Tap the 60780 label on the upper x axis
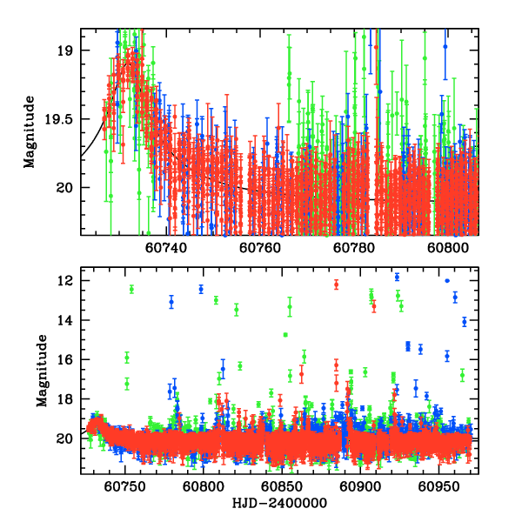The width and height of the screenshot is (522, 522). pyautogui.click(x=355, y=248)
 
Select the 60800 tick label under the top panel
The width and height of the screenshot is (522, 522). pyautogui.click(x=450, y=248)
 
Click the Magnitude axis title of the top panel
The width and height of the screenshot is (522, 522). pyautogui.click(x=30, y=132)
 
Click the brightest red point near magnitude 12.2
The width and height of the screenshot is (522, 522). pyautogui.click(x=336, y=284)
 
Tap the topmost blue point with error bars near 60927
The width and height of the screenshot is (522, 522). pyautogui.click(x=397, y=277)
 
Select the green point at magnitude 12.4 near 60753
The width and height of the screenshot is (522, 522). pyautogui.click(x=131, y=289)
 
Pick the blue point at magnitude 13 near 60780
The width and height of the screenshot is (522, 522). pyautogui.click(x=171, y=302)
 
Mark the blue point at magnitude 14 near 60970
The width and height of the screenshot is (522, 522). pyautogui.click(x=464, y=321)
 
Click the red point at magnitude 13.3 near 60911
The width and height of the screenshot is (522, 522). pyautogui.click(x=373, y=306)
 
